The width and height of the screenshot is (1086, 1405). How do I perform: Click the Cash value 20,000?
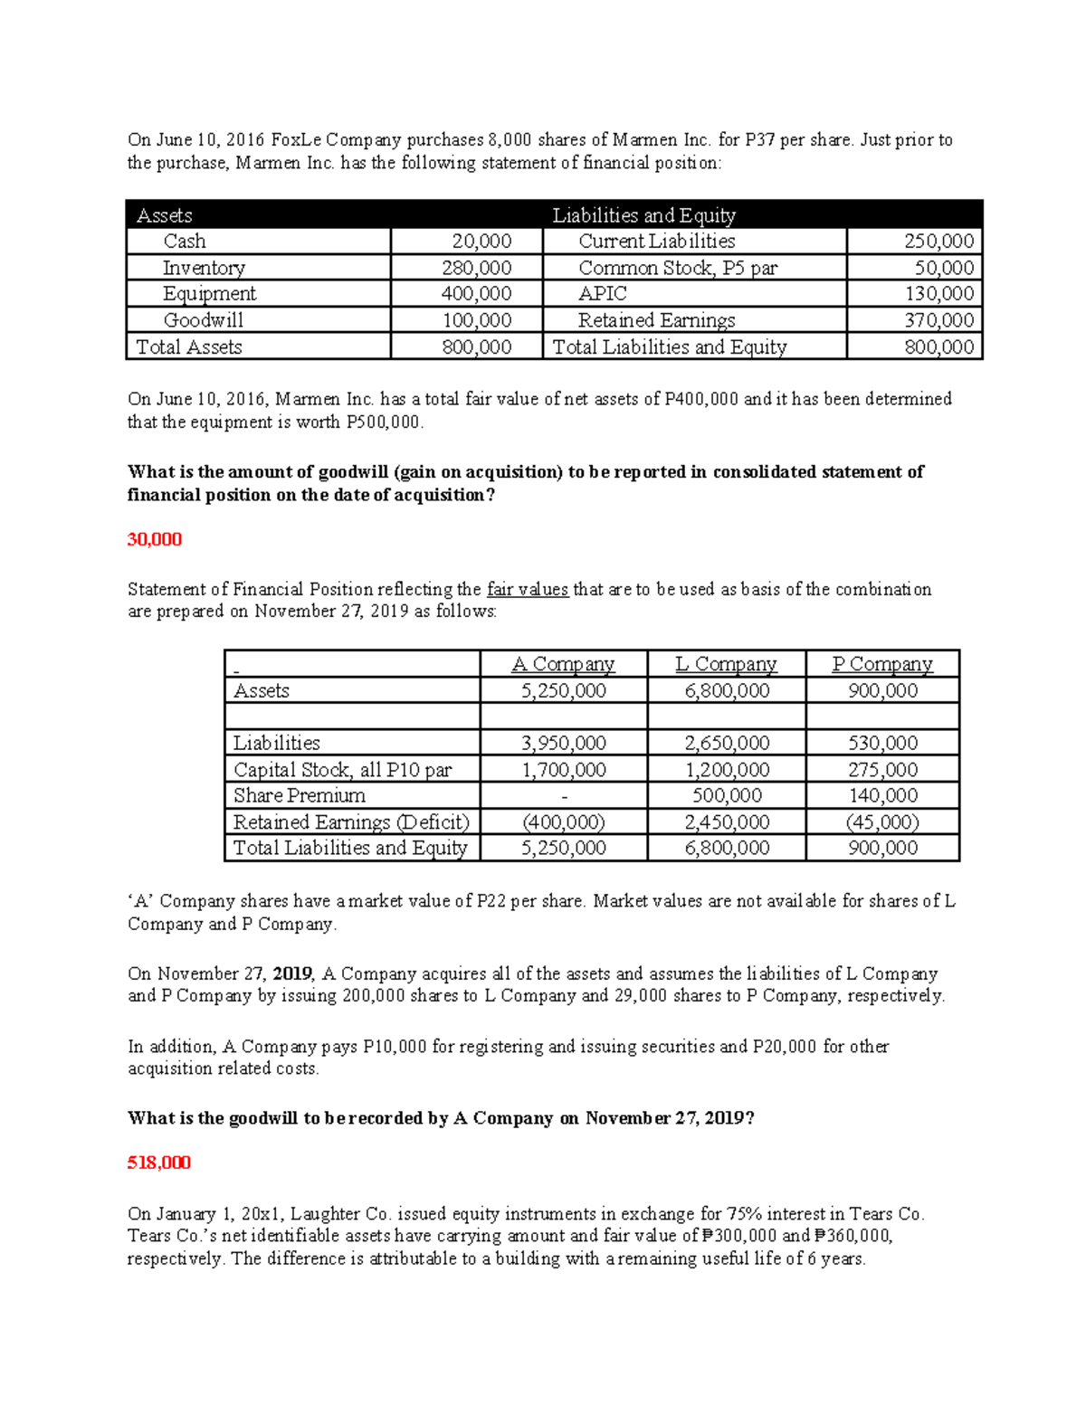point(481,242)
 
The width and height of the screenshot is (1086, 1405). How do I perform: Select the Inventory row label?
point(204,268)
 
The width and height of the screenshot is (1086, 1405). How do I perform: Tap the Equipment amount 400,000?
point(476,294)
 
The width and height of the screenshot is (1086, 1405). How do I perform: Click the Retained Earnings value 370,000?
point(939,320)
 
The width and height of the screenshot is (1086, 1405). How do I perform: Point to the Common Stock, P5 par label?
point(678,268)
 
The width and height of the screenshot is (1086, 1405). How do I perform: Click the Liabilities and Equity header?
point(643,215)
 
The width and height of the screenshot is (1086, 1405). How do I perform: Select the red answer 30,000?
point(155,539)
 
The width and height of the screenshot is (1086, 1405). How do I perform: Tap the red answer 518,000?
point(159,1163)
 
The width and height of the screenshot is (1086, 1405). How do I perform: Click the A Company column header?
point(563,664)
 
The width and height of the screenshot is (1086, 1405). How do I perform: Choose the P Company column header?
point(882,664)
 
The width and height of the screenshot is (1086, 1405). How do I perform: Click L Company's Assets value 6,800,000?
point(727,691)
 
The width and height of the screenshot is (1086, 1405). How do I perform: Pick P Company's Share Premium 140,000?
point(882,796)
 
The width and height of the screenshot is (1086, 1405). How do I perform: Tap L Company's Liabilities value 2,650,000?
point(727,744)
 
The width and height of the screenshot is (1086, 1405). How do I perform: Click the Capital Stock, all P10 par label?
point(342,770)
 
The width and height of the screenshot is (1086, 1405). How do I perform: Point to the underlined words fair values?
point(528,590)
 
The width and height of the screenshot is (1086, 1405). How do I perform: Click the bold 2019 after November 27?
point(291,974)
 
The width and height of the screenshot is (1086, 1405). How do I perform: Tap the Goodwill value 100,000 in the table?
point(476,320)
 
